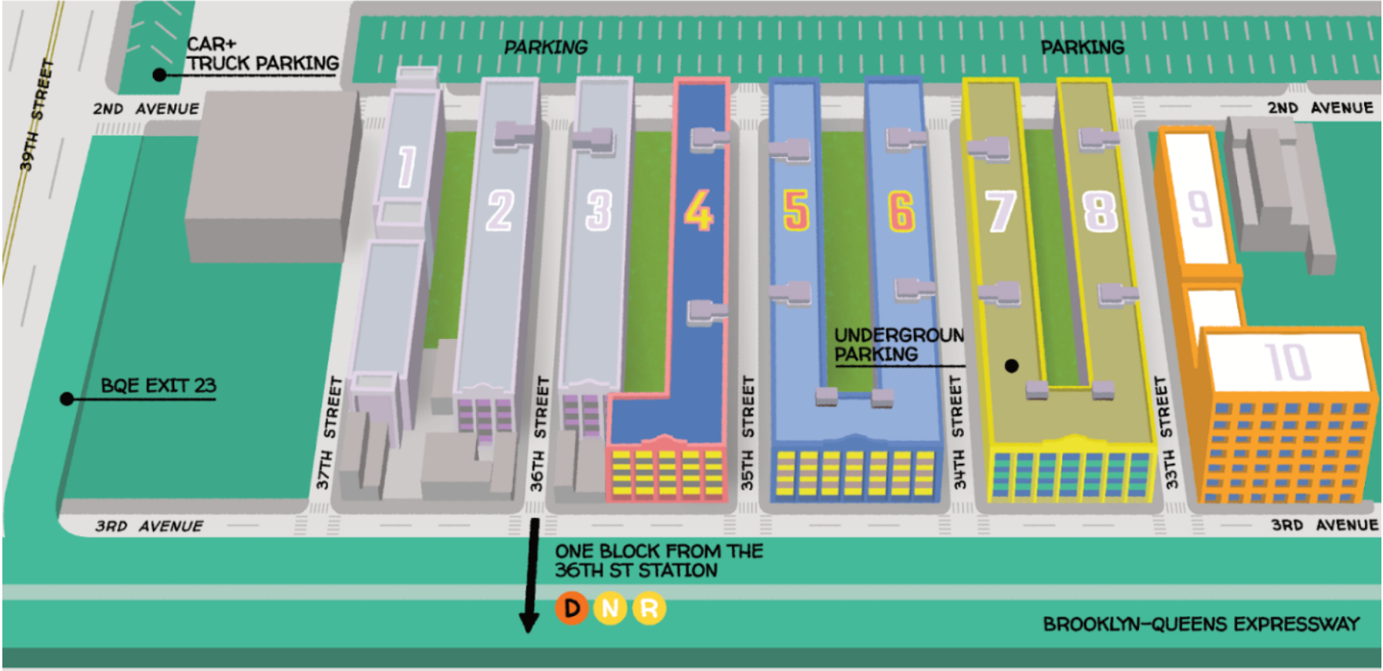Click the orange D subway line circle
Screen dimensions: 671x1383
pyautogui.click(x=572, y=608)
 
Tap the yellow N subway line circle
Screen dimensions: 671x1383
pyautogui.click(x=610, y=608)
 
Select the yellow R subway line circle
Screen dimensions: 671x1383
pyautogui.click(x=649, y=608)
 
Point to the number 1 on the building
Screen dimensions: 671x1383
pyautogui.click(x=406, y=166)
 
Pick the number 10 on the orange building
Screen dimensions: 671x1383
pyautogui.click(x=1287, y=363)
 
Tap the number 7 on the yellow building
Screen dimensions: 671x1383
pyautogui.click(x=1000, y=211)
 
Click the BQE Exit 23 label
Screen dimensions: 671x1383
pyautogui.click(x=158, y=385)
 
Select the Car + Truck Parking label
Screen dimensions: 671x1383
pyautogui.click(x=262, y=54)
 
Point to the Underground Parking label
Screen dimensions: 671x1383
pyautogui.click(x=898, y=345)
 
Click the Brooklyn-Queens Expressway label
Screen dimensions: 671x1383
pyautogui.click(x=1200, y=624)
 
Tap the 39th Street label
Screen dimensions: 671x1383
pyautogui.click(x=37, y=115)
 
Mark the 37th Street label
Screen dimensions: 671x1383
pyautogui.click(x=329, y=432)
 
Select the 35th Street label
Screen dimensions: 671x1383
pyautogui.click(x=748, y=432)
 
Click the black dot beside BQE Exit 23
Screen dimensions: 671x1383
pyautogui.click(x=67, y=399)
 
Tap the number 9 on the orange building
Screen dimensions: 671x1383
pyautogui.click(x=1199, y=210)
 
